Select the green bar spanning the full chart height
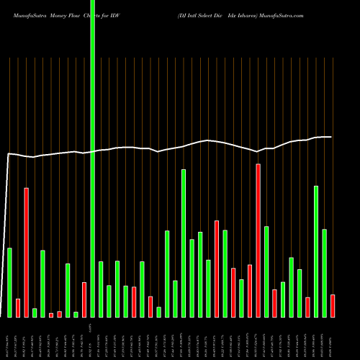pyautogui.click(x=93, y=158)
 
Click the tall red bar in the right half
pyautogui.click(x=258, y=240)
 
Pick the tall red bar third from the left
pyautogui.click(x=27, y=252)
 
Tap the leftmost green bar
pyautogui.click(x=10, y=282)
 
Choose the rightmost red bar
pyautogui.click(x=333, y=305)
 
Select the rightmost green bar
pyautogui.click(x=324, y=273)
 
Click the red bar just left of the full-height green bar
pyautogui.click(x=84, y=300)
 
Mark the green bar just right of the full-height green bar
pyautogui.click(x=101, y=289)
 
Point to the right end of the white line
pyautogui.click(x=331, y=137)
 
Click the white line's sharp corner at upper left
pyautogui.click(x=9, y=154)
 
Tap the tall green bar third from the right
pyautogui.click(x=316, y=251)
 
